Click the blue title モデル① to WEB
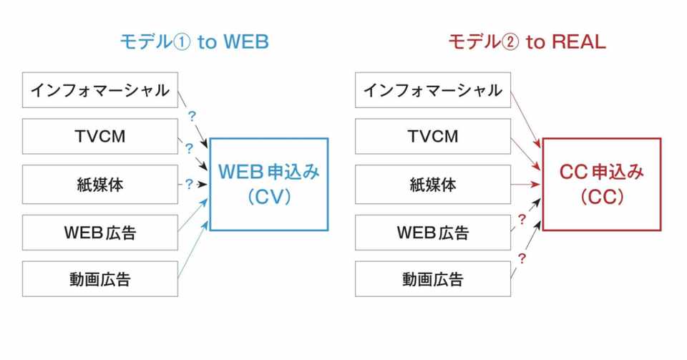pyautogui.click(x=195, y=42)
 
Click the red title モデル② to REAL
pyautogui.click(x=527, y=42)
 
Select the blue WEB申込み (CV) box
pyautogui.click(x=268, y=184)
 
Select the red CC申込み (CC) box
pyautogui.click(x=601, y=184)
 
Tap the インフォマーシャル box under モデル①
pyautogui.click(x=99, y=90)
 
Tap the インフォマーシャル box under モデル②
pyautogui.click(x=433, y=90)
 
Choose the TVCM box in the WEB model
pyautogui.click(x=99, y=136)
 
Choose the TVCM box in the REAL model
pyautogui.click(x=433, y=136)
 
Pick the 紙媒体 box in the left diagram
pyautogui.click(x=99, y=184)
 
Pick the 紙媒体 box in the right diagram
pyautogui.click(x=433, y=184)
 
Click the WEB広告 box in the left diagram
pyautogui.click(x=99, y=232)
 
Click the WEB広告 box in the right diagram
pyautogui.click(x=433, y=232)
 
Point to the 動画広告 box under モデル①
pyautogui.click(x=99, y=278)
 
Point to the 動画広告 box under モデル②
pyautogui.click(x=433, y=278)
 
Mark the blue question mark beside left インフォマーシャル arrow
pyautogui.click(x=191, y=115)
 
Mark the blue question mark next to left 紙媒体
pyautogui.click(x=189, y=184)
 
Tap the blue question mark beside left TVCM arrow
pyautogui.click(x=190, y=150)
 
